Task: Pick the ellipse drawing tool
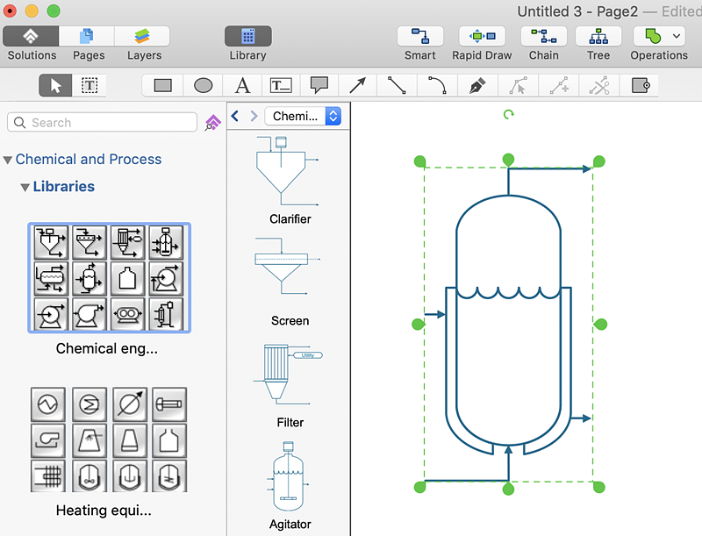203,85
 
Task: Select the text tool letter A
243,85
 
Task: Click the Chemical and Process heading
89,160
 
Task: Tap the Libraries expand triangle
25,187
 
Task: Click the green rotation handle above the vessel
508,114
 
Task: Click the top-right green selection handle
599,161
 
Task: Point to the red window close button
11,11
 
